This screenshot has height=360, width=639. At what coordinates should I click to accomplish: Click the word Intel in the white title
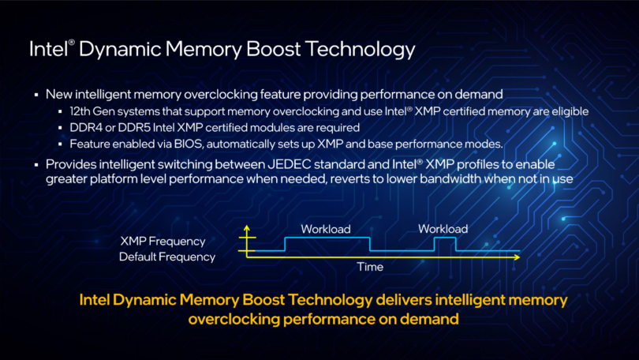click(48, 49)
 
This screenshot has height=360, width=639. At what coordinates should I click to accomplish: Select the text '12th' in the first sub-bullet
click(80, 111)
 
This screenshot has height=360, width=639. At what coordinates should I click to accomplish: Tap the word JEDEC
click(290, 164)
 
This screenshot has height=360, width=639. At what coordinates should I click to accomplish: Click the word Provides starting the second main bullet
click(70, 164)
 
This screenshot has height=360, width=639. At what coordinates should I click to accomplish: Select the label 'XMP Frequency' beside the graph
click(163, 242)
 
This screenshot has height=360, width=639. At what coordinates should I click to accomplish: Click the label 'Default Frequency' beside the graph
click(167, 257)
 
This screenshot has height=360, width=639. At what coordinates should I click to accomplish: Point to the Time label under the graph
click(370, 267)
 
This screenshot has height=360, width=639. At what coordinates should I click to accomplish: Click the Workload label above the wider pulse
click(326, 229)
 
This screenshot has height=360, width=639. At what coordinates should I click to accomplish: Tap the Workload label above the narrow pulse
click(443, 229)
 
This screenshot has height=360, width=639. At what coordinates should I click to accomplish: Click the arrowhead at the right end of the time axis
click(518, 257)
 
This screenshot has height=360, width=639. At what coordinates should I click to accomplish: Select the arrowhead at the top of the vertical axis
click(247, 227)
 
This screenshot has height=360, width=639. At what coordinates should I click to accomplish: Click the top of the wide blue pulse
click(327, 238)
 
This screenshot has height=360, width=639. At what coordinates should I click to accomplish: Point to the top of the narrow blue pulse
click(445, 238)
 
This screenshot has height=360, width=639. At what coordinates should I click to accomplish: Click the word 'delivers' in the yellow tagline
click(403, 300)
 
